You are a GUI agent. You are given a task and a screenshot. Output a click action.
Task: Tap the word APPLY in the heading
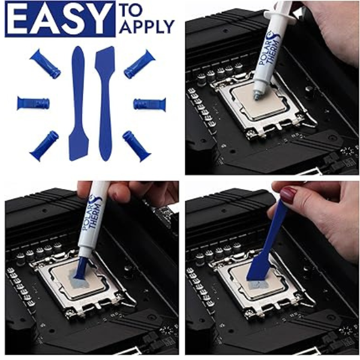click(x=147, y=26)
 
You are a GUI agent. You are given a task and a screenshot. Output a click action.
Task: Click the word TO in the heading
click(x=131, y=10)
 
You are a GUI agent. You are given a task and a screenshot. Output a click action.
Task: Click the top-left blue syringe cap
click(x=46, y=64)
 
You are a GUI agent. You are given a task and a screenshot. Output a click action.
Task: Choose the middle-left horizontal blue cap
click(x=33, y=103)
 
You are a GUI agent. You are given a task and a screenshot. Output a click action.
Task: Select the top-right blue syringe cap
click(x=140, y=64)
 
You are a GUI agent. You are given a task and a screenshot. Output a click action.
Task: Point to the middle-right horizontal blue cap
click(x=149, y=104)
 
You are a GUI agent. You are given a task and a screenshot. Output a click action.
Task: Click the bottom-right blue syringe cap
click(x=137, y=146)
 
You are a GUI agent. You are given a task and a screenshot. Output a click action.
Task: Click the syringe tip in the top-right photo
click(x=257, y=95)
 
